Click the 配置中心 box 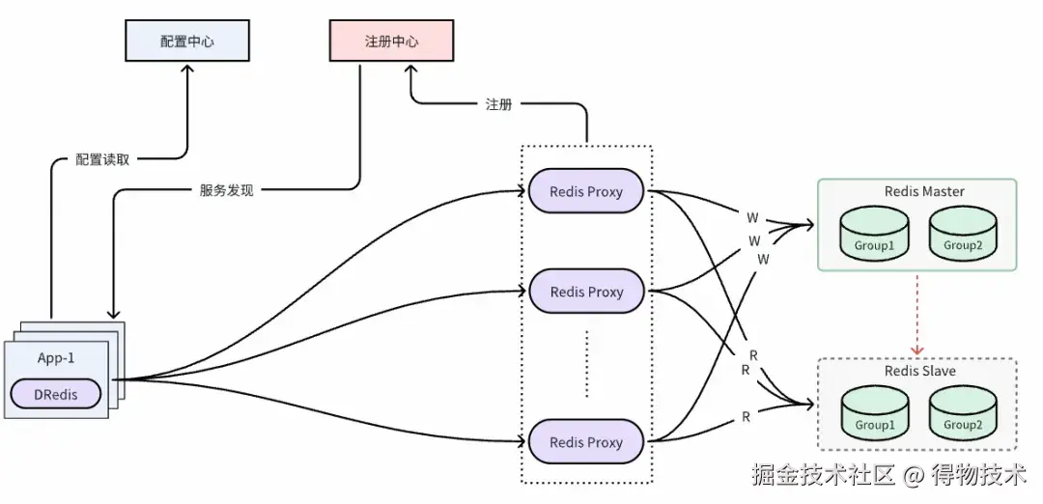click(x=187, y=42)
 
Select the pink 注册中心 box click(x=391, y=42)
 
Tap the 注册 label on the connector click(x=498, y=104)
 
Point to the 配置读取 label click(x=102, y=159)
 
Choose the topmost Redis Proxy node click(x=586, y=191)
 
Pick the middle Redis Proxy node click(x=586, y=292)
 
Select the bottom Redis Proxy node click(x=586, y=442)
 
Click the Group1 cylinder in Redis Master click(x=873, y=236)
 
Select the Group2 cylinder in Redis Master click(x=962, y=236)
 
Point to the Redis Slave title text click(x=918, y=372)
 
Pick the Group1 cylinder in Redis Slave click(x=873, y=415)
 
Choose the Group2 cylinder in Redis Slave click(x=962, y=415)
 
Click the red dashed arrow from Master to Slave click(x=917, y=314)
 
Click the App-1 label click(x=56, y=357)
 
